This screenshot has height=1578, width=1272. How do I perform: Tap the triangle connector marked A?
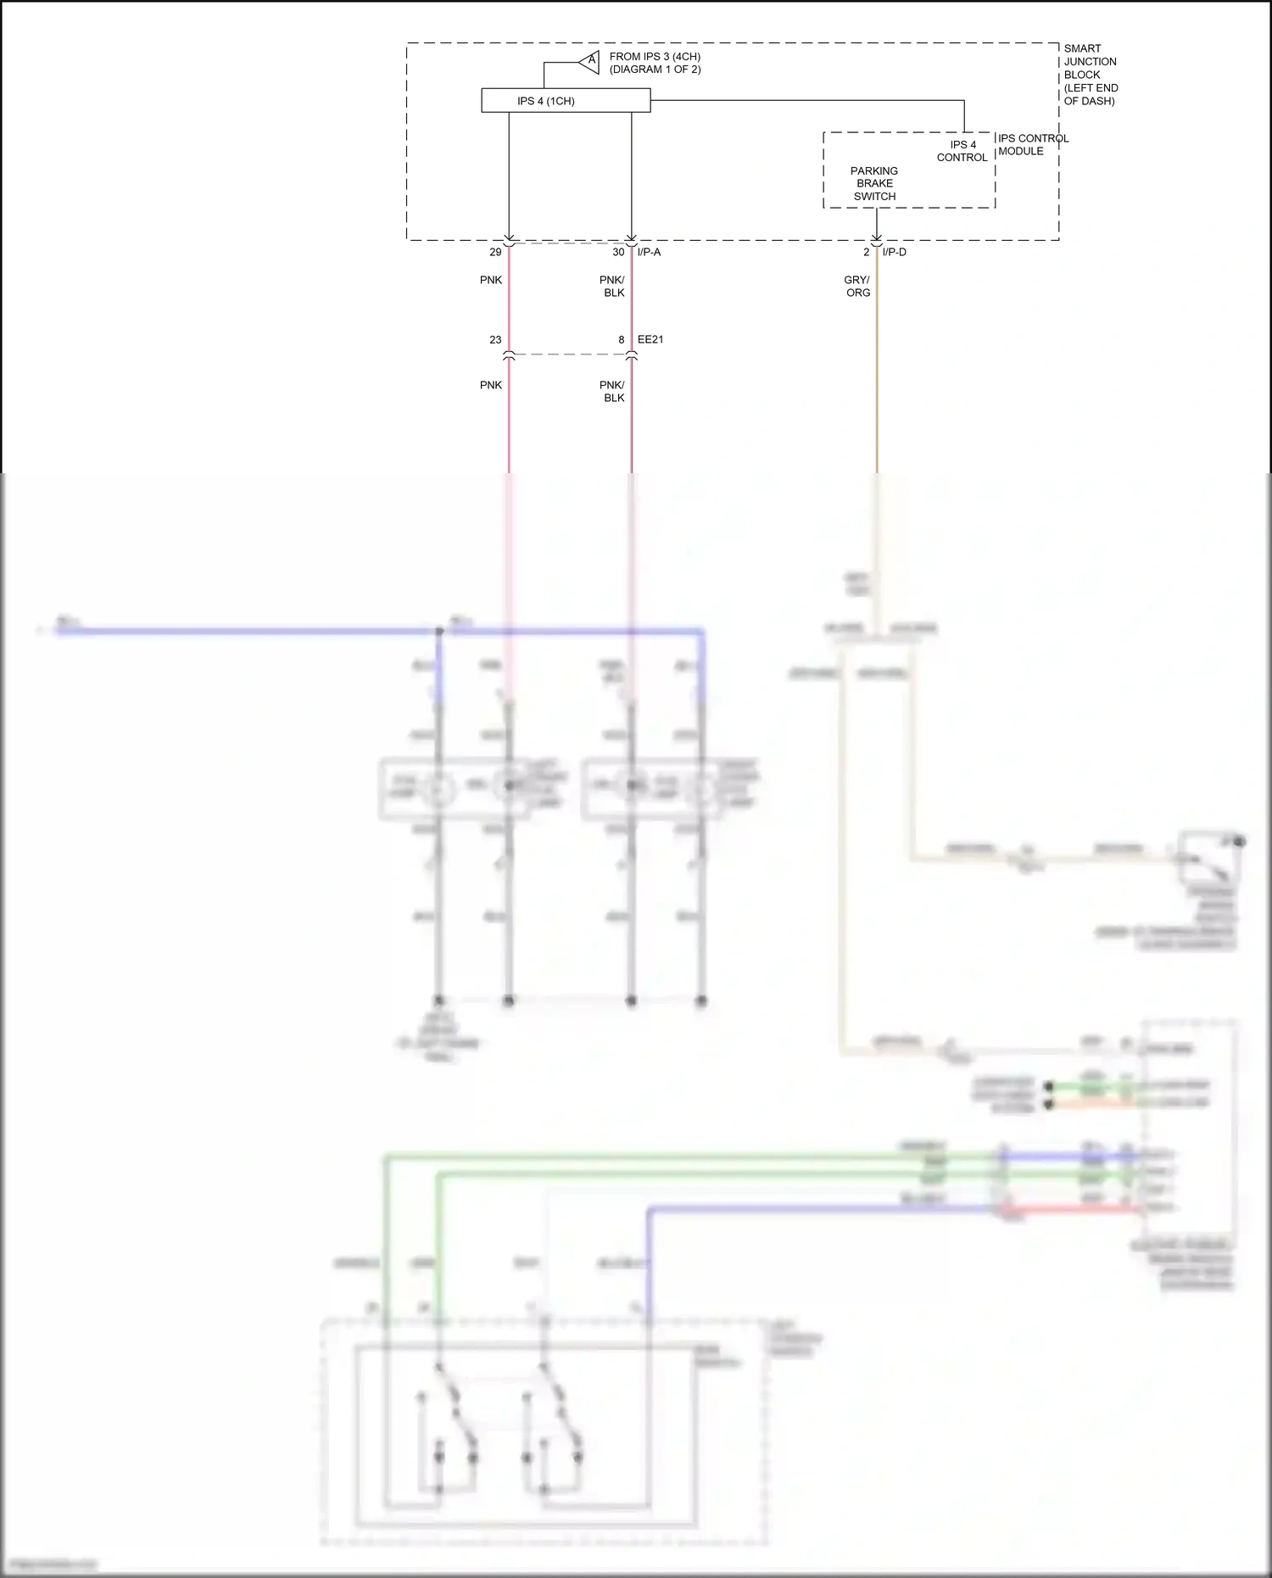[x=590, y=62]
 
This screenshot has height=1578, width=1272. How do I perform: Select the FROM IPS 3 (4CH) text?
[x=655, y=57]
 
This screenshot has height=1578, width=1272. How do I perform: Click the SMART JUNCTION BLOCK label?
[x=1091, y=75]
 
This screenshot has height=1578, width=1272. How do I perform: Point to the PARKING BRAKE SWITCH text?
[x=874, y=183]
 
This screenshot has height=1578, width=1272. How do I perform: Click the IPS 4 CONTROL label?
[x=962, y=151]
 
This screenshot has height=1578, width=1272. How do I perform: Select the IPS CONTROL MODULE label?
[x=1032, y=145]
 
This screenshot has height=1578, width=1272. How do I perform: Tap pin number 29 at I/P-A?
[x=495, y=252]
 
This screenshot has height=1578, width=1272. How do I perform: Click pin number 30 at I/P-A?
[x=618, y=252]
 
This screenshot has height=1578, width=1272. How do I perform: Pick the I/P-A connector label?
[x=649, y=252]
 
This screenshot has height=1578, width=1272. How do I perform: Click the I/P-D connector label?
[x=894, y=252]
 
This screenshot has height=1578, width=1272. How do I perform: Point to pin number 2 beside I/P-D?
[x=866, y=252]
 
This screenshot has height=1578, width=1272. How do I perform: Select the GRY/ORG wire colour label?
[x=857, y=286]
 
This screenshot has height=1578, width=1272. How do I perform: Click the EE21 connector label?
[x=650, y=339]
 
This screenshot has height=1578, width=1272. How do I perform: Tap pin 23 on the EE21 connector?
[x=495, y=339]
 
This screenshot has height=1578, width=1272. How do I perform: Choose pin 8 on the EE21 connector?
[x=621, y=339]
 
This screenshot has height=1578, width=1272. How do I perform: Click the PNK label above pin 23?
[x=491, y=280]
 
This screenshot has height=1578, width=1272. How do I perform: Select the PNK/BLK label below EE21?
[x=612, y=391]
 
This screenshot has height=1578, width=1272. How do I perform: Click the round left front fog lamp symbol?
[x=438, y=789]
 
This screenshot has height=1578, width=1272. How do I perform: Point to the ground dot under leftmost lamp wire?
[x=438, y=1001]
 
